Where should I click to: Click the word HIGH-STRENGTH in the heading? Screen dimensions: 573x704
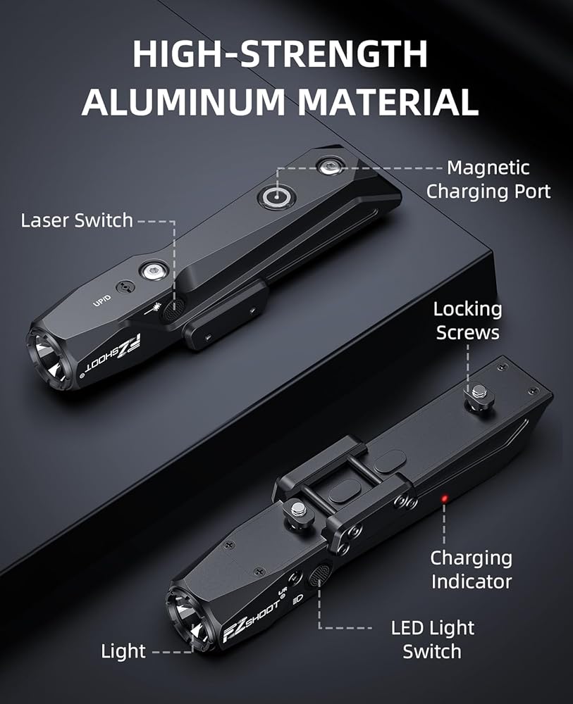point(279,55)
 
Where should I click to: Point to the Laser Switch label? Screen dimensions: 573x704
point(77,220)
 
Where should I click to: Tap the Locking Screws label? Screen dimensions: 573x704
point(467,320)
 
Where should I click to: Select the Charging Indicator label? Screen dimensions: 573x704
point(472,570)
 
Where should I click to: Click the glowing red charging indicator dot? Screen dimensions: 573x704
point(445,499)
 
